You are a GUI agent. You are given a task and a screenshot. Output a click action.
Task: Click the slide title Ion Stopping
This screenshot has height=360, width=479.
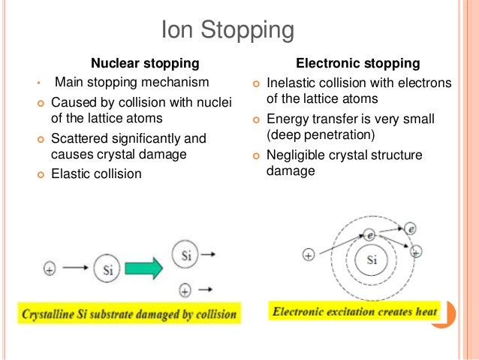[x=226, y=31]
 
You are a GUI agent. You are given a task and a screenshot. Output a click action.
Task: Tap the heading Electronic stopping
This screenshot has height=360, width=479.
[x=357, y=62]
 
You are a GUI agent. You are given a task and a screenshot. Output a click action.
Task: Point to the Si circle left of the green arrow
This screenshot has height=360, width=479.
[x=108, y=266]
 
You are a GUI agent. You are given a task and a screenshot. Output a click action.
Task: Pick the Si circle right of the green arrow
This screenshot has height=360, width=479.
[x=187, y=254]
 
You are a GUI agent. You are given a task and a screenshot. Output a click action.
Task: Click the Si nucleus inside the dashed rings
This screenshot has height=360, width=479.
[x=371, y=261]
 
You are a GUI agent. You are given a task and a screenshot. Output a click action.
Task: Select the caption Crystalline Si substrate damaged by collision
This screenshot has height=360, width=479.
[x=129, y=312]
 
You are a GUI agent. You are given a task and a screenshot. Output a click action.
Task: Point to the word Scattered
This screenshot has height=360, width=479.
[x=77, y=139]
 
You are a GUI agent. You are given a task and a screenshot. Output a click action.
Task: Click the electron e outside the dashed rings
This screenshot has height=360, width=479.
[x=410, y=228]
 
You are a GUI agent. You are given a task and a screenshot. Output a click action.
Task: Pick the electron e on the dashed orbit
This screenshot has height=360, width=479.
[x=369, y=235]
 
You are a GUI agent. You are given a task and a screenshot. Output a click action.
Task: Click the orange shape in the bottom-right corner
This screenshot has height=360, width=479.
[x=450, y=312]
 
